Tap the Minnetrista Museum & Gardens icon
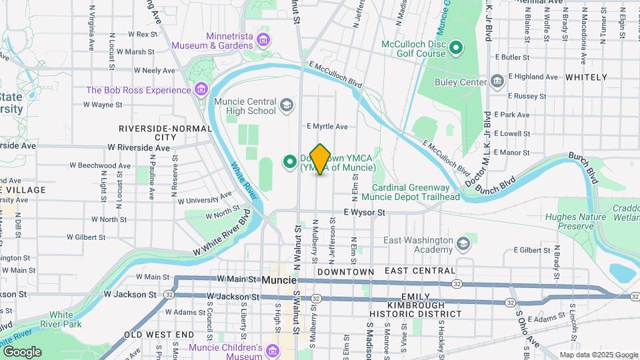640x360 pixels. point(263,40)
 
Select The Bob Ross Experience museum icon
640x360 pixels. point(201,90)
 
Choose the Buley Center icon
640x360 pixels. point(497,82)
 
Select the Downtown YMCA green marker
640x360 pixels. point(290,161)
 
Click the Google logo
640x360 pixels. point(22,351)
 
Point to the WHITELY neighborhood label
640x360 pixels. point(586,77)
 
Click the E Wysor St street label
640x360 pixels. point(365,213)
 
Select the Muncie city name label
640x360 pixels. point(279,280)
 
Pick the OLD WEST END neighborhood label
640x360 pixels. point(155,335)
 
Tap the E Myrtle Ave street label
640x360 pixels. point(327,126)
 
